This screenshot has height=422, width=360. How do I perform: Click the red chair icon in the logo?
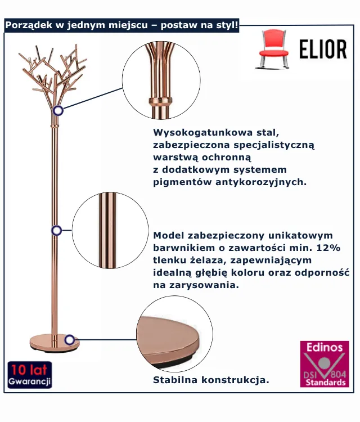274,49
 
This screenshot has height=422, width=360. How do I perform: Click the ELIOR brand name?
323,50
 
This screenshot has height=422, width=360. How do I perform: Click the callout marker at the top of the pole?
58,110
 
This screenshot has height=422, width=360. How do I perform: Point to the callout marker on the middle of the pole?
56,230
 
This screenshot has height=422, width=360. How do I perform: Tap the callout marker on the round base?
70,339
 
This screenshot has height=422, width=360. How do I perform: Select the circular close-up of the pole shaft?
110,230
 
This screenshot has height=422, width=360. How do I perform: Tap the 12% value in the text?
339,248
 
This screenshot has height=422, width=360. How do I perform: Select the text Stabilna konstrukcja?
211,380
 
